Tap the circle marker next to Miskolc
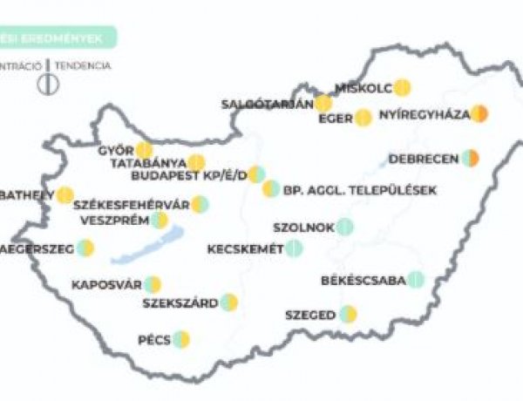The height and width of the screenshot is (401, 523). click(x=402, y=87)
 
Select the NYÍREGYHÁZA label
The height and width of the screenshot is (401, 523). click(x=425, y=114)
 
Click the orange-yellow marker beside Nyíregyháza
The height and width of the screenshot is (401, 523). click(x=479, y=113)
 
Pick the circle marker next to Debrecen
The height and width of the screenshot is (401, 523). click(x=471, y=158)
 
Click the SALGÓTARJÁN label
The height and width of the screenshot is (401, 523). click(x=267, y=105)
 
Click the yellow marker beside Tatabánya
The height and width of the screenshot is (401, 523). click(x=197, y=162)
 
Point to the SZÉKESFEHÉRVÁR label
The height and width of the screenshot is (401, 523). click(x=132, y=205)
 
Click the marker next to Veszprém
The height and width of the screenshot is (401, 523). click(x=159, y=220)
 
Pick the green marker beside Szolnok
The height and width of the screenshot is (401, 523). click(x=345, y=227)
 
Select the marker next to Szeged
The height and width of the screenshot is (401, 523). click(x=349, y=314)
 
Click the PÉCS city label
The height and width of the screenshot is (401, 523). click(x=153, y=339)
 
